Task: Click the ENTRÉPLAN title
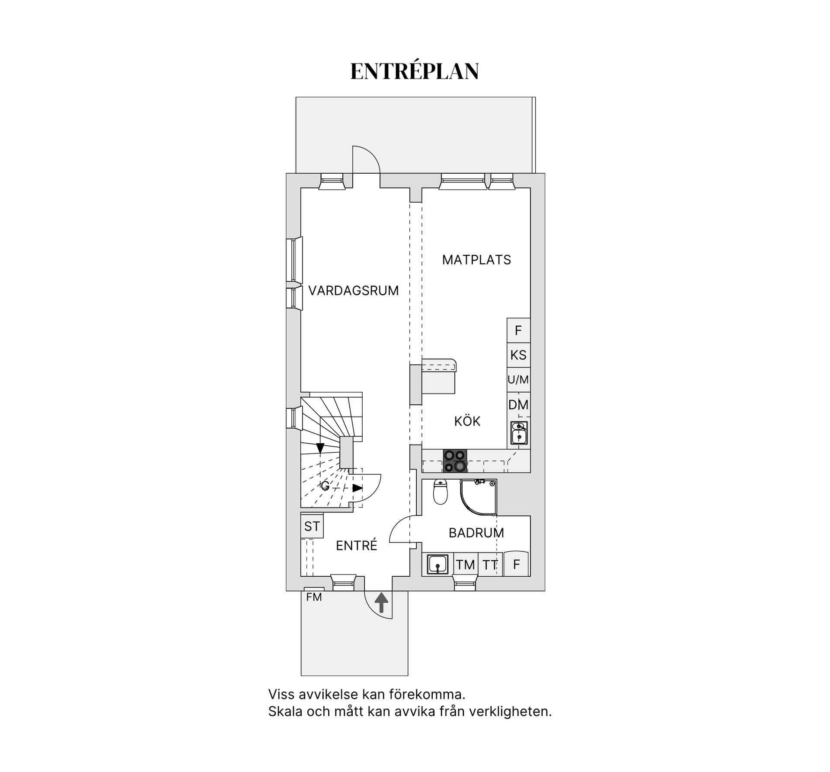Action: [414, 71]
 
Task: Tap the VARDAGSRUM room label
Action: [354, 291]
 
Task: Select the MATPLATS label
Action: [476, 260]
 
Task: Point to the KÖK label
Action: [467, 421]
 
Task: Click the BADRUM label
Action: [476, 533]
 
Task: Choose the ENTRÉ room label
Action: [357, 545]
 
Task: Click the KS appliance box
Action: [518, 355]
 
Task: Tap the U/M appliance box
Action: [518, 380]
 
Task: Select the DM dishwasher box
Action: [518, 405]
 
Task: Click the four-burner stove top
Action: [455, 461]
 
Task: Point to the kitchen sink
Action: [519, 433]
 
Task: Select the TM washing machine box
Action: [466, 564]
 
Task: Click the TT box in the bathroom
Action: [490, 564]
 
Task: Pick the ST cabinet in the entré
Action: [312, 526]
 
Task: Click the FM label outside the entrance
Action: [314, 597]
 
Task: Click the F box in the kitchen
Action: [518, 330]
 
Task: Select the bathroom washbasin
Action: [437, 564]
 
